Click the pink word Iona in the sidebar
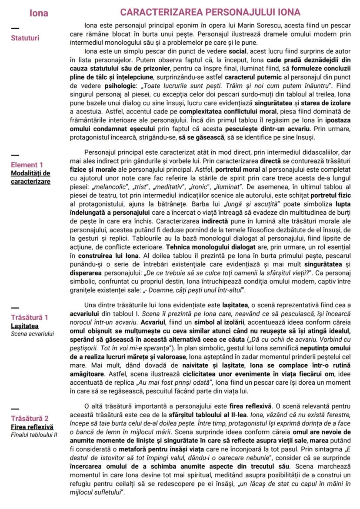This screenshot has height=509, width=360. coord(39,13)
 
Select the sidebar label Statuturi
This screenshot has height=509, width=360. coord(25,38)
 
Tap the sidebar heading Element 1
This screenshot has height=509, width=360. coord(27,165)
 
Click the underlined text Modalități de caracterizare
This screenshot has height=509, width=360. coord(30,177)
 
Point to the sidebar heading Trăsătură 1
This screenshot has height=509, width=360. coord(30,317)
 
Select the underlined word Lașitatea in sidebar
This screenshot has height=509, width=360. coord(25,326)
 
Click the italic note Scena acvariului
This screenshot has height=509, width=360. coord(33,333)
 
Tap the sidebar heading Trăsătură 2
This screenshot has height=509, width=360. coord(30,419)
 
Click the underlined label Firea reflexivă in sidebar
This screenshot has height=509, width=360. coord(32,427)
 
